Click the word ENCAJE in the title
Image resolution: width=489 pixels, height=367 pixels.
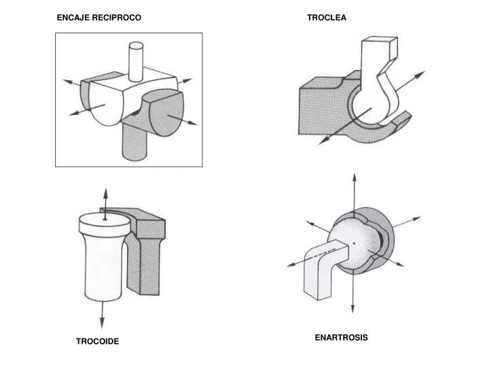[x=73, y=18]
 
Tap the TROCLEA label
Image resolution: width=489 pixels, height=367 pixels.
[x=327, y=18]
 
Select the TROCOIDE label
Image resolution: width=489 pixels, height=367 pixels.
[x=98, y=341]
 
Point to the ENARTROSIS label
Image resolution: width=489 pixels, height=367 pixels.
[x=341, y=337]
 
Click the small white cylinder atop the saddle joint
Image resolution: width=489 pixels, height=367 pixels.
[x=136, y=61]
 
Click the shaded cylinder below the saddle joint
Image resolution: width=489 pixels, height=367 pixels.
[x=134, y=141]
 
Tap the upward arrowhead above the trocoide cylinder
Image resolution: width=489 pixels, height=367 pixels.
[x=106, y=194]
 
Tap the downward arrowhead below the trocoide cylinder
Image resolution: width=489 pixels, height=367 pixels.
[x=102, y=324]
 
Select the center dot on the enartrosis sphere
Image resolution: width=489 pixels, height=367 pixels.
[x=354, y=243]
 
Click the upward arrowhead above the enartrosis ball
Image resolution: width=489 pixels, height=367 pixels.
[x=355, y=179]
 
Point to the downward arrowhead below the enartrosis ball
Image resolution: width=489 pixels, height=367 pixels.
[x=352, y=307]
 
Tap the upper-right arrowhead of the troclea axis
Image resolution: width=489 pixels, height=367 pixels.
[x=420, y=75]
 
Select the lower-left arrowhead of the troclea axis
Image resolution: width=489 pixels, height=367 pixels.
[x=325, y=141]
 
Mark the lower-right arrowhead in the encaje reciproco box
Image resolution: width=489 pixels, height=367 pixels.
[x=192, y=122]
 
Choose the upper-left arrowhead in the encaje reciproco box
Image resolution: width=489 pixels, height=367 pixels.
[x=69, y=82]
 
